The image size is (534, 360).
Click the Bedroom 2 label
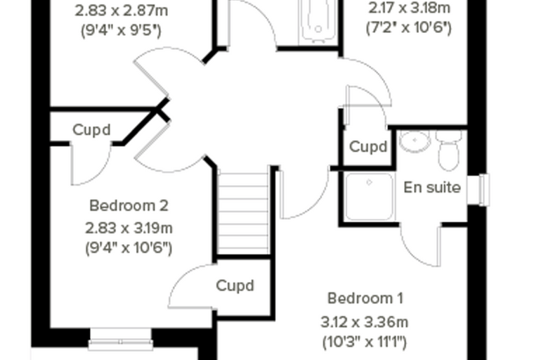click(129, 205)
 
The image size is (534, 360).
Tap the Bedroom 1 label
click(365, 298)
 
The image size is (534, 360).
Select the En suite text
click(432, 188)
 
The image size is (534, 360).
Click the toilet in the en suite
click(448, 150)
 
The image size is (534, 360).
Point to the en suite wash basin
click(415, 141)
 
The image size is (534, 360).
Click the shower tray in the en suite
click(369, 196)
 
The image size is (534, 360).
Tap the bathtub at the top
click(318, 21)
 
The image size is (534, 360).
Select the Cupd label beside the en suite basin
click(368, 147)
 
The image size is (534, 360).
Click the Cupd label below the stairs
click(235, 285)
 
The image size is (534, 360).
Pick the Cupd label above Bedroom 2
click(91, 130)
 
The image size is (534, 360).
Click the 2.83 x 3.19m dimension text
click(129, 228)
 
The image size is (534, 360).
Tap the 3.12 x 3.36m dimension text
click(365, 322)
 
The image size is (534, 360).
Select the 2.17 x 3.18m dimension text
click(410, 8)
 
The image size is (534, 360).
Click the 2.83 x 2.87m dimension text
click(122, 11)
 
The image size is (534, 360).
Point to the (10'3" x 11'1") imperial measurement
click(365, 342)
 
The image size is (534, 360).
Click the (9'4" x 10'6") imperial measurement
click(129, 247)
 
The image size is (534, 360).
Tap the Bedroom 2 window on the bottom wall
click(121, 339)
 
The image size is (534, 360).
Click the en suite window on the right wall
click(484, 190)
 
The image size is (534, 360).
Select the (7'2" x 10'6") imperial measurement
click(409, 28)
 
